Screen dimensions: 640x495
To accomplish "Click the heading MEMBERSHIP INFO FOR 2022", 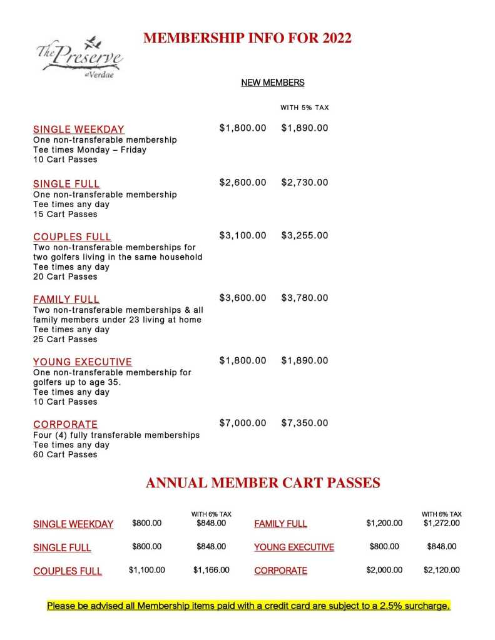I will [247, 38].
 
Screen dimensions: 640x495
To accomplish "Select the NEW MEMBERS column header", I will [273, 83].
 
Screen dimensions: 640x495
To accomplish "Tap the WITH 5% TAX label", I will [304, 108].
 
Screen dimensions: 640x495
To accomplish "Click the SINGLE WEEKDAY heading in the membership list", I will [78, 130].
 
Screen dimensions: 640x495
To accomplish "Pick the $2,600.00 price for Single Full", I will [243, 183].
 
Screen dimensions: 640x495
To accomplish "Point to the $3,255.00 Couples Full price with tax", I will [304, 236].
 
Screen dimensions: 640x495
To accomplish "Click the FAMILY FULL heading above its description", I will [66, 299].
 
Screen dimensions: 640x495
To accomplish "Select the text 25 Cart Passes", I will [65, 339].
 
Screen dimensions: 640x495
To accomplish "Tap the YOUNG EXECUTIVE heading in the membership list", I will [83, 362].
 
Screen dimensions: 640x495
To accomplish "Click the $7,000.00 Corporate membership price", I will [243, 424].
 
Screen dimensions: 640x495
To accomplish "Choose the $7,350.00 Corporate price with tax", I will [304, 424].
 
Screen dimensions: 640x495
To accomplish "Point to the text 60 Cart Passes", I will [65, 455].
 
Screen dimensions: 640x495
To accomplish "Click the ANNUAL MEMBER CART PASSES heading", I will [263, 483].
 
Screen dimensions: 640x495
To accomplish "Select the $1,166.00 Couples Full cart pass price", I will [212, 570].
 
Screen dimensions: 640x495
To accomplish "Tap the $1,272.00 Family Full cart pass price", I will [441, 523].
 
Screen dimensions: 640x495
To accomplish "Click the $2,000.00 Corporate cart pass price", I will [384, 570].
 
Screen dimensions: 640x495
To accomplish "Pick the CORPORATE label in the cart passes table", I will [280, 571].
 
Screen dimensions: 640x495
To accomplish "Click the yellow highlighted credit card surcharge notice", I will [248, 606].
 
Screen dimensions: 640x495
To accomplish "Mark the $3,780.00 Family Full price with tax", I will [304, 298].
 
